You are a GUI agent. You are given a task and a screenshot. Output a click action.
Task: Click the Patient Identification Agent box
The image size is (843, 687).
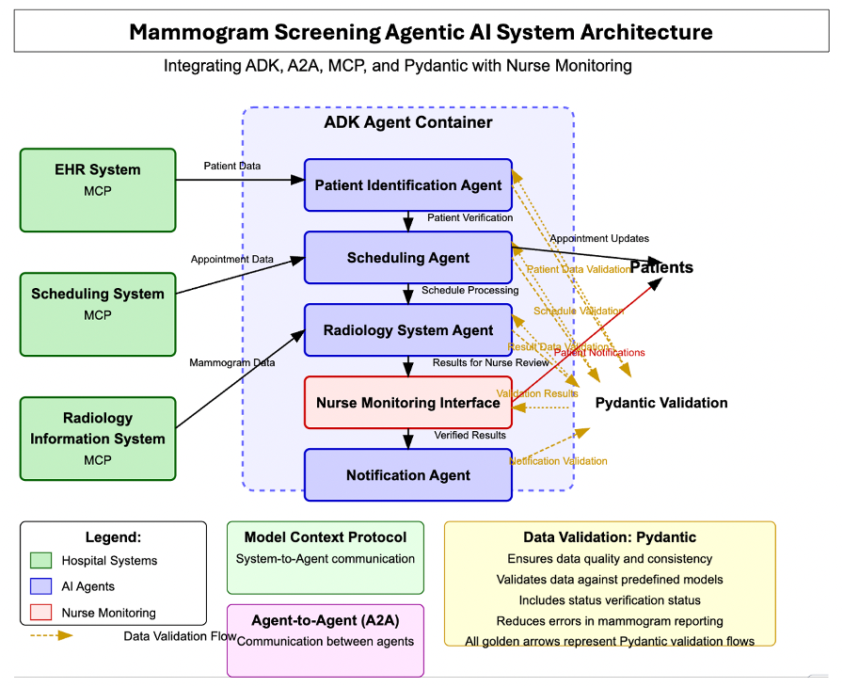(x=407, y=185)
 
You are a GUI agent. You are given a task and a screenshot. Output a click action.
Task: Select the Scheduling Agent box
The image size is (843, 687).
(x=407, y=258)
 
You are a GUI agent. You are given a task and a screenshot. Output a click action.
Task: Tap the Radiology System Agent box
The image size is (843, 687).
(x=407, y=330)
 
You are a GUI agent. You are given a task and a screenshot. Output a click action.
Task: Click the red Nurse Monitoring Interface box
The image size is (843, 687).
(x=407, y=403)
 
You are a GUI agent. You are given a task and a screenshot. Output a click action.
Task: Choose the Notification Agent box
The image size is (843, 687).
(x=407, y=475)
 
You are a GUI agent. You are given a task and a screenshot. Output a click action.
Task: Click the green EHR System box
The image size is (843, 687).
(x=98, y=190)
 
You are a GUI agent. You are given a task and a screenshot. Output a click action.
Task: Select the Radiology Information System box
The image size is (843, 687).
(x=98, y=439)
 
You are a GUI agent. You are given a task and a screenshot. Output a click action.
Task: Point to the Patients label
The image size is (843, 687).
(x=661, y=267)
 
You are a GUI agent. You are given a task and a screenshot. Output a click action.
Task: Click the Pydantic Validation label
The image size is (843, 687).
(x=661, y=403)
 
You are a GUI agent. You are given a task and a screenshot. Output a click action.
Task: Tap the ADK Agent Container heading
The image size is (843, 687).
(x=407, y=122)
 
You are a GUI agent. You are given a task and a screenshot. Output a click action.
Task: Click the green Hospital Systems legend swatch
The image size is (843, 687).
(x=41, y=561)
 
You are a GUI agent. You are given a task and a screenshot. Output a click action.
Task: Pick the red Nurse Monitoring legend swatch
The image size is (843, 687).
(x=41, y=613)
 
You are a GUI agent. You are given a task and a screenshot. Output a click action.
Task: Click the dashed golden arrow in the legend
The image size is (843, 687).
(x=51, y=635)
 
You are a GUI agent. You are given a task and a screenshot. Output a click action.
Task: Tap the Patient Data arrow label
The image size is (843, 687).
(x=232, y=167)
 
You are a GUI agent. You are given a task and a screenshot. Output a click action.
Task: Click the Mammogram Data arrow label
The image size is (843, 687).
(x=232, y=362)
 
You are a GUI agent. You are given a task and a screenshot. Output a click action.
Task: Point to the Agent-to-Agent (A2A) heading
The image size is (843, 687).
(x=326, y=621)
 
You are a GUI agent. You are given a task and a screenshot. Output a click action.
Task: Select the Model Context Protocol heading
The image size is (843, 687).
(x=326, y=537)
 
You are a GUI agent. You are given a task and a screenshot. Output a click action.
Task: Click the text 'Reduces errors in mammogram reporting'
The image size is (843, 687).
(x=610, y=620)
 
